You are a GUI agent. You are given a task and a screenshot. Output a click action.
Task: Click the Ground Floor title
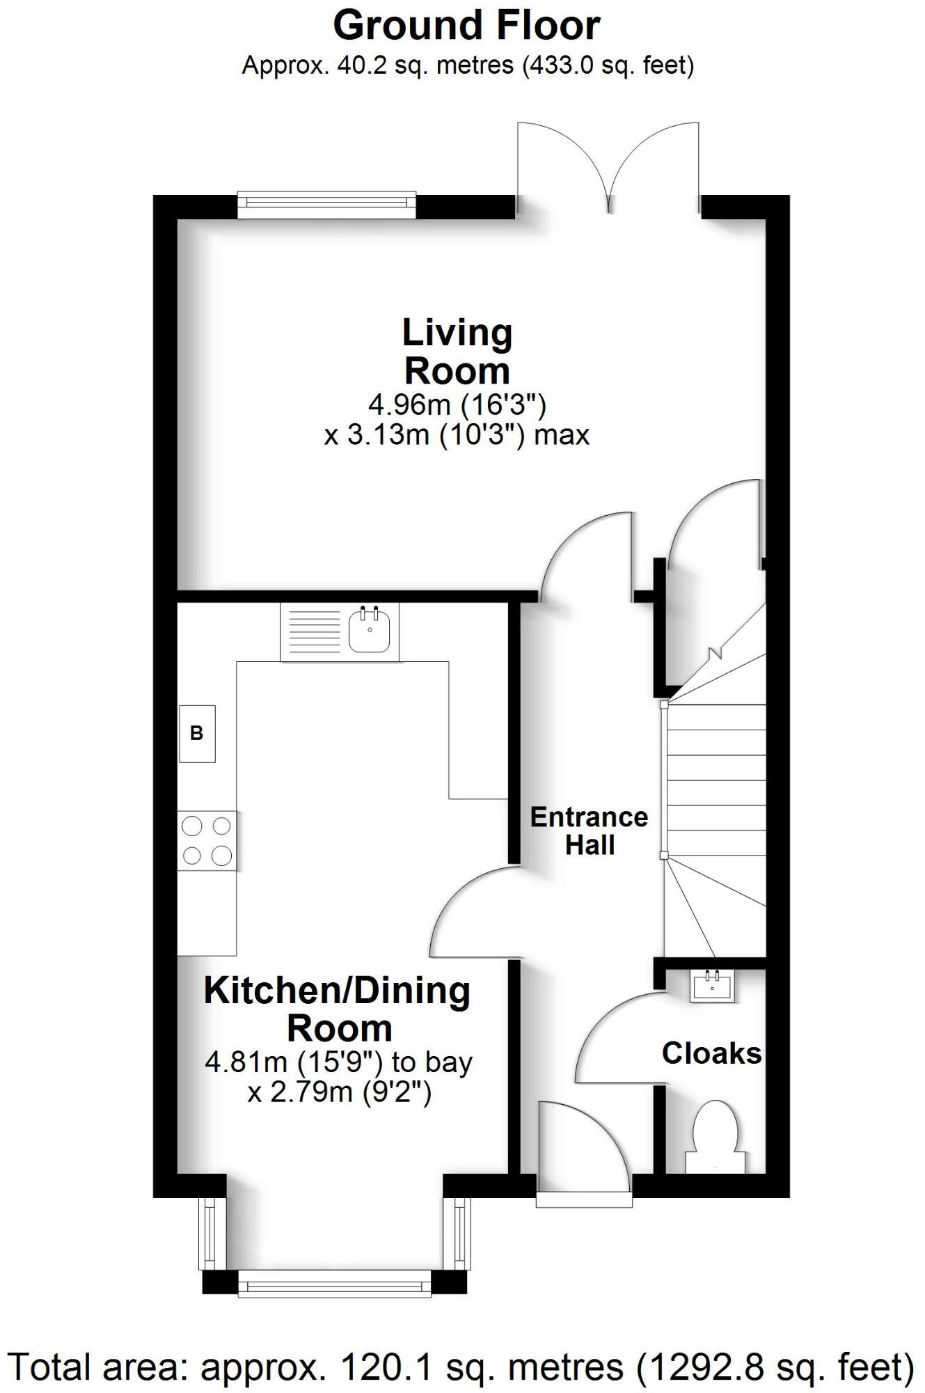(466, 26)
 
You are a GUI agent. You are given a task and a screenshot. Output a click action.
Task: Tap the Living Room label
(457, 352)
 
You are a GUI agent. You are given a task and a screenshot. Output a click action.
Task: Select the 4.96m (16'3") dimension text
(457, 404)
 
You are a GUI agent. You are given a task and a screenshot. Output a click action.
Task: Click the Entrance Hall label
(589, 831)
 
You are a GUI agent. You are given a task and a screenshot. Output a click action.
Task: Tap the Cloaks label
(711, 1053)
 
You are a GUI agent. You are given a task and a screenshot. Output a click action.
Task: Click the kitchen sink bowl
(369, 629)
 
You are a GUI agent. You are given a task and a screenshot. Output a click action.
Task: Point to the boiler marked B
(197, 733)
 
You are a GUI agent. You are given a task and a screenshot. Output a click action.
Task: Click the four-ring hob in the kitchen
(207, 840)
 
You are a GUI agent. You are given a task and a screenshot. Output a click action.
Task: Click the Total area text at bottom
(461, 1367)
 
